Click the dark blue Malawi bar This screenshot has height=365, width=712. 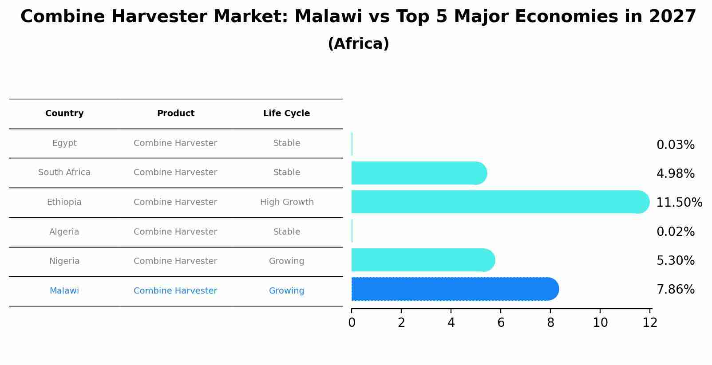(455, 289)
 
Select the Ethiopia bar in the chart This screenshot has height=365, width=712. (500, 202)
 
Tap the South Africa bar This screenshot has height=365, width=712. (419, 173)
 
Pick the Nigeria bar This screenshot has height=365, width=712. (423, 260)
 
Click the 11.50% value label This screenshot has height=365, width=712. (679, 202)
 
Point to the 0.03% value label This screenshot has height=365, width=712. (676, 145)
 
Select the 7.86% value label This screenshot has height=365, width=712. (676, 290)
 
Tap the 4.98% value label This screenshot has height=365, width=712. (676, 173)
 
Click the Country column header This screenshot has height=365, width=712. (64, 114)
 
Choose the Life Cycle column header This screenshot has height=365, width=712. (286, 114)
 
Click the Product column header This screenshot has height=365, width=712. (175, 114)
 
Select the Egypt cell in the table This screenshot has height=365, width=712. (64, 143)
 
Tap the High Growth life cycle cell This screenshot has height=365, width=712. (287, 202)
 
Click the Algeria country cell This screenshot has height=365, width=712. (64, 232)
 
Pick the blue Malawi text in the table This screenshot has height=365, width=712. (64, 290)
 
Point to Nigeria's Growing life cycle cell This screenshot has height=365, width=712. (286, 261)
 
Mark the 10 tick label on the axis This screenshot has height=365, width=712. (600, 323)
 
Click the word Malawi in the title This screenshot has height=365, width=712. (328, 16)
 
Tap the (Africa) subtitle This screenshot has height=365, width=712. (358, 44)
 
